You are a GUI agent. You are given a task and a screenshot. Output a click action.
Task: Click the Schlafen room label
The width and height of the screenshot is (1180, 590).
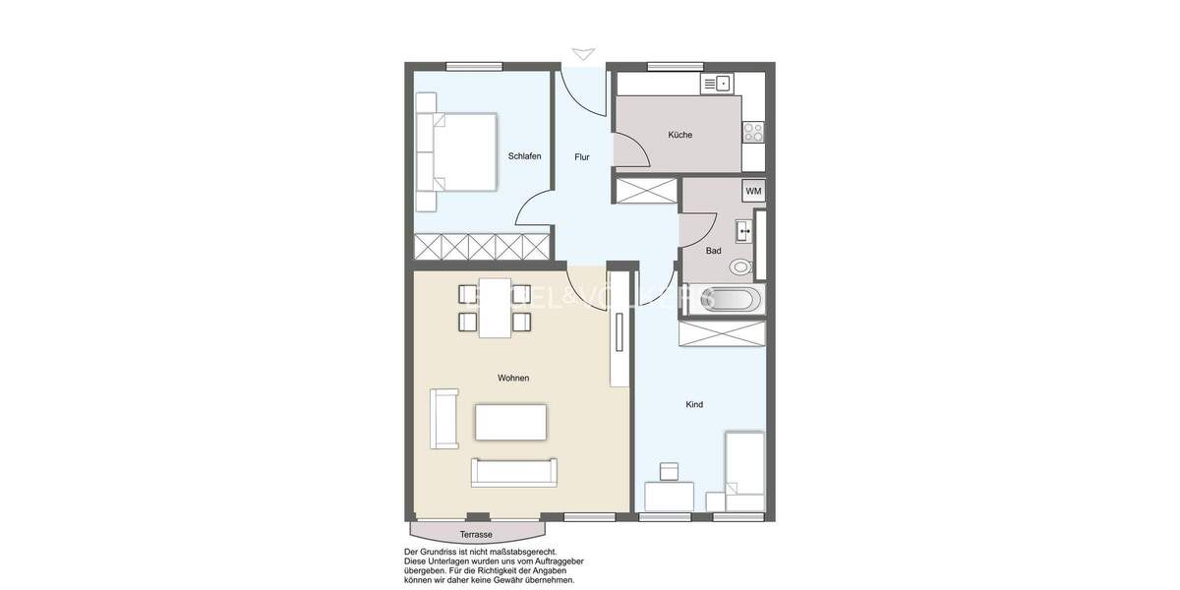coord(524,156)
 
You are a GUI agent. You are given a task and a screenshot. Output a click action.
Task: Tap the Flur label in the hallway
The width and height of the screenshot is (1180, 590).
coord(582,156)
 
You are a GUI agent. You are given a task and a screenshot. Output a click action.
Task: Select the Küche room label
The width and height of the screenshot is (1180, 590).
coord(679,135)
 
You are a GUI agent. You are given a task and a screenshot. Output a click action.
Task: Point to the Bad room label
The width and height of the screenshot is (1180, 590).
coord(713,251)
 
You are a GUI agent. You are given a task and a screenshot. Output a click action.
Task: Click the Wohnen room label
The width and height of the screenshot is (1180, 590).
coord(513,378)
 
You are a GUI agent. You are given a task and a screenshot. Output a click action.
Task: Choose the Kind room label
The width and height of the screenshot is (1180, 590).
coord(694,404)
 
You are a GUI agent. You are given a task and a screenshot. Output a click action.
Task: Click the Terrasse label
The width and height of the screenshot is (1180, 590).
coord(476,534)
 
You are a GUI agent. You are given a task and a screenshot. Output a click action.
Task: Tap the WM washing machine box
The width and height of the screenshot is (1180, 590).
coord(753,191)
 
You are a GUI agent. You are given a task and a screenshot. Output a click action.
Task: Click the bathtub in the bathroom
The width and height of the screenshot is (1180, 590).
coord(724,300)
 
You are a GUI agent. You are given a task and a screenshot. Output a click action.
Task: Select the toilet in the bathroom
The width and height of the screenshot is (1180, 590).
coord(740,266)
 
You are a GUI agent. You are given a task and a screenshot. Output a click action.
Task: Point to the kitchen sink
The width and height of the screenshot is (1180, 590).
coord(717,85)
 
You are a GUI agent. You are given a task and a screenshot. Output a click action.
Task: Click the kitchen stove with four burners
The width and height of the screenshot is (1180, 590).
coord(753,131)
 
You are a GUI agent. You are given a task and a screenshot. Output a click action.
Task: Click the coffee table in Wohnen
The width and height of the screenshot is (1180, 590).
coord(510,422)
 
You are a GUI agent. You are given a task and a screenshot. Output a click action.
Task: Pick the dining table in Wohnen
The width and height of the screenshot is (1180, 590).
coord(495,308)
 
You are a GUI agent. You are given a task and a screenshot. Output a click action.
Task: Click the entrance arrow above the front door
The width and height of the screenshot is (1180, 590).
coord(583,54)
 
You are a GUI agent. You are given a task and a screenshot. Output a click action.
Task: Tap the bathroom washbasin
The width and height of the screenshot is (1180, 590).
coord(744,232)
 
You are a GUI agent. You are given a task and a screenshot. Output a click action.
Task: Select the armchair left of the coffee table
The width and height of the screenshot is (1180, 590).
coord(443,419)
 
